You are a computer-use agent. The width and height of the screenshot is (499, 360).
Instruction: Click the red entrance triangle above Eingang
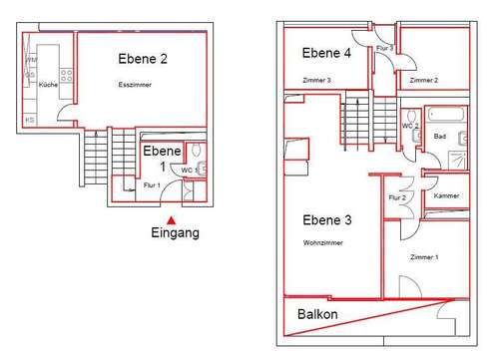[171, 219]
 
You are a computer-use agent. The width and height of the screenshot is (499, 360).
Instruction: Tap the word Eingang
[175, 233]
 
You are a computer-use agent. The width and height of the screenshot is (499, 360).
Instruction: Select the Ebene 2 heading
[143, 59]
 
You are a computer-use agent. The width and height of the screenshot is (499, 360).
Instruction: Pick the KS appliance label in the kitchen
[30, 120]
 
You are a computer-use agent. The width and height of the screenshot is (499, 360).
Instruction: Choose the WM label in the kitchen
[30, 61]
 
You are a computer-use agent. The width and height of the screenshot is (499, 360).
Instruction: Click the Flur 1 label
[151, 185]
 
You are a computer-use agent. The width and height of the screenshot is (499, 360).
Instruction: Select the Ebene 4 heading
[325, 54]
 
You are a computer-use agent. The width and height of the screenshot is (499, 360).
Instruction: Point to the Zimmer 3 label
[315, 80]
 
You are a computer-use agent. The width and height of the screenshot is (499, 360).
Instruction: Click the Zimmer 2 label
[424, 80]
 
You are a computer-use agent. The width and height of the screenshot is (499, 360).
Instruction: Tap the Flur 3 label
[384, 48]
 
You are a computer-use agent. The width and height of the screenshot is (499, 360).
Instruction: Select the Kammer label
[446, 196]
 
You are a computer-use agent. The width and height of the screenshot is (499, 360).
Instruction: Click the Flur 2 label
[397, 197]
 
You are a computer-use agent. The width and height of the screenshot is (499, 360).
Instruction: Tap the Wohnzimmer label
[321, 242]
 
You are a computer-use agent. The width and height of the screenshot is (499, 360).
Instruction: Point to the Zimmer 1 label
[424, 257]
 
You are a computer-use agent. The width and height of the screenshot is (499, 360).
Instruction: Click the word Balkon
[317, 314]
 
